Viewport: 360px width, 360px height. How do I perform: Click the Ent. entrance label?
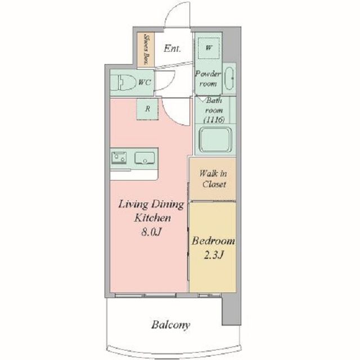click(172, 48)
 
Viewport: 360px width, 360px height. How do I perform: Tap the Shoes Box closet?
click(146, 49)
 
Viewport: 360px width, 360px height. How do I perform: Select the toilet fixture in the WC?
click(126, 82)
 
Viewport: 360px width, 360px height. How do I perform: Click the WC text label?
click(145, 82)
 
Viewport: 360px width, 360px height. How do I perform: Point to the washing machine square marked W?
click(209, 48)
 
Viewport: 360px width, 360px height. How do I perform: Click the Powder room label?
click(208, 79)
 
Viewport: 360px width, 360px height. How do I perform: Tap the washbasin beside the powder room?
click(229, 78)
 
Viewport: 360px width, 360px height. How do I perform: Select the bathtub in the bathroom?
click(215, 139)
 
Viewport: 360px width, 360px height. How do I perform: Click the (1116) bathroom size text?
click(214, 119)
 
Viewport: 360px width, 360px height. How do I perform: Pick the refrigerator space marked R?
click(147, 109)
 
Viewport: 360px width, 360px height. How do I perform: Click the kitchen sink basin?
click(145, 158)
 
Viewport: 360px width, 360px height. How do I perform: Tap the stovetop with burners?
click(119, 157)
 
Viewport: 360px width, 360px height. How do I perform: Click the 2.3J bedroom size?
click(214, 255)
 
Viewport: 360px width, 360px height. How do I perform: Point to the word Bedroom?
click(214, 241)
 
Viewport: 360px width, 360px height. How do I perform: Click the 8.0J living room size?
click(151, 232)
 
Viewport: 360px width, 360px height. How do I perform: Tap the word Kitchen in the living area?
click(152, 218)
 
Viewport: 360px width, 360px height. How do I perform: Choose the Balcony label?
click(171, 325)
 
